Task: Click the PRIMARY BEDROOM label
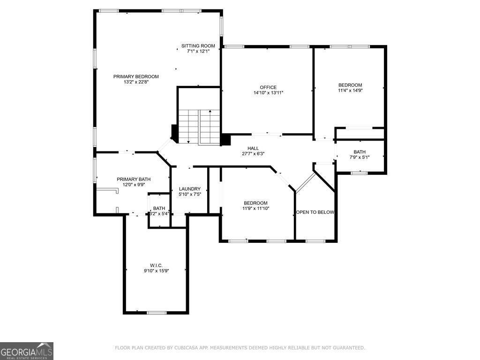136,76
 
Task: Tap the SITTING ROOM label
198,46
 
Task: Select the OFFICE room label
268,87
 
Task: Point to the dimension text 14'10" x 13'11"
268,93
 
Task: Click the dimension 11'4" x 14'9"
350,90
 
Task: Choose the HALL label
253,148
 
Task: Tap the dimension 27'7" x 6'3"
253,154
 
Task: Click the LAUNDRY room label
190,189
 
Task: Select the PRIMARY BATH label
134,179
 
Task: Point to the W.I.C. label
156,265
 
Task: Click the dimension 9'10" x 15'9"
156,270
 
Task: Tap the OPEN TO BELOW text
315,212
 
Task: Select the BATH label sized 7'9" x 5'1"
360,152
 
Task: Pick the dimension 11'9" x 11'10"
255,209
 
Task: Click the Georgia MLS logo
27,351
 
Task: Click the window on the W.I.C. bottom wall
156,313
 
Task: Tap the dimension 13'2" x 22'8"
136,82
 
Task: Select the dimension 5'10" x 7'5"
190,195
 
